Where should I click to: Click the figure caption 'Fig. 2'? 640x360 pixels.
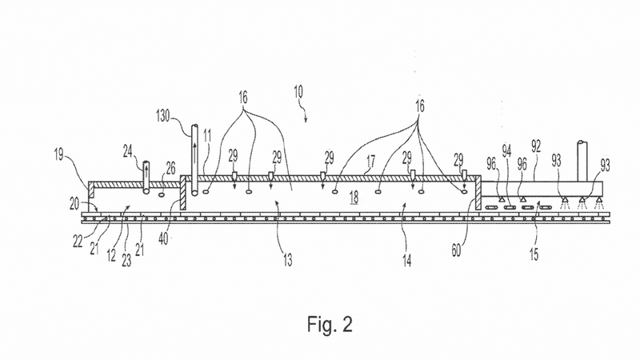coord(330,324)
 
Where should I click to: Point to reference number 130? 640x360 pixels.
coord(163,115)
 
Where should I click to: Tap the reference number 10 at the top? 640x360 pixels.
coord(298,91)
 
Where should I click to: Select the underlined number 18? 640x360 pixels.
coord(354,198)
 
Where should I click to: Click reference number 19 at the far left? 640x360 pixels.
coord(58,154)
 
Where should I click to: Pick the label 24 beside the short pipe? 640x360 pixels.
coord(128,151)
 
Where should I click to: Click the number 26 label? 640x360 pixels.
coord(170,168)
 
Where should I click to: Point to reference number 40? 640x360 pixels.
coord(163,238)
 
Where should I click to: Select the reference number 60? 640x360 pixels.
coord(456,250)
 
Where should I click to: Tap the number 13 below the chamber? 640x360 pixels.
coord(288,260)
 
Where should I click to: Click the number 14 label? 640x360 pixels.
coord(407,260)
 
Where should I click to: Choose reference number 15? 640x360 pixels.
coord(534,254)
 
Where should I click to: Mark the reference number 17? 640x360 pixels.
coord(370,162)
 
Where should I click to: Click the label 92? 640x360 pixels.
coord(536,146)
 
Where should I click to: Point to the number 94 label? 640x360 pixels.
coord(506,151)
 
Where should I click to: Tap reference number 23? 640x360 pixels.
coord(126,260)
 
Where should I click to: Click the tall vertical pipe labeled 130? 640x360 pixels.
coord(194,160)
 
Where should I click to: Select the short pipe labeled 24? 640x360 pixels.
coord(146,178)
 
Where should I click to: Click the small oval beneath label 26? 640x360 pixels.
coord(162,194)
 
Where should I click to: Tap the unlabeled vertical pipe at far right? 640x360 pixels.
coord(582,161)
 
